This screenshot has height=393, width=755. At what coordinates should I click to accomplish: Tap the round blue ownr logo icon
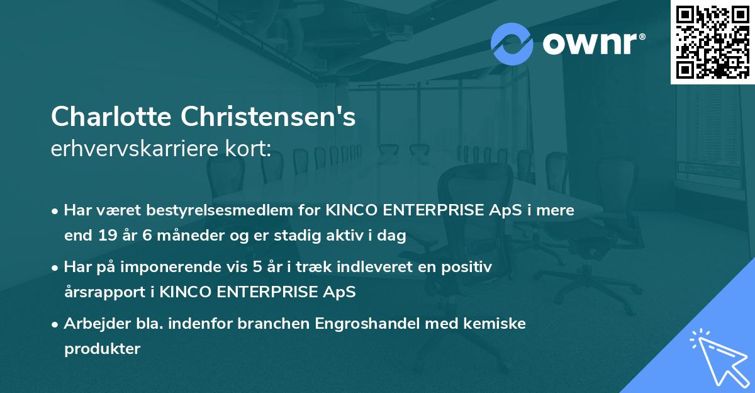[x=512, y=43]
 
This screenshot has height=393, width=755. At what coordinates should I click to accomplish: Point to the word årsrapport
[x=103, y=292]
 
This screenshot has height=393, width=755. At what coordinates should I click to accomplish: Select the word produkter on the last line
[x=102, y=349]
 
